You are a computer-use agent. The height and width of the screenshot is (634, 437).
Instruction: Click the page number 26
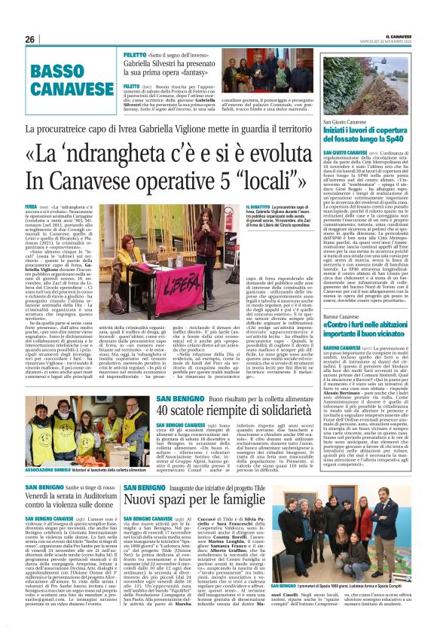click(30, 39)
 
